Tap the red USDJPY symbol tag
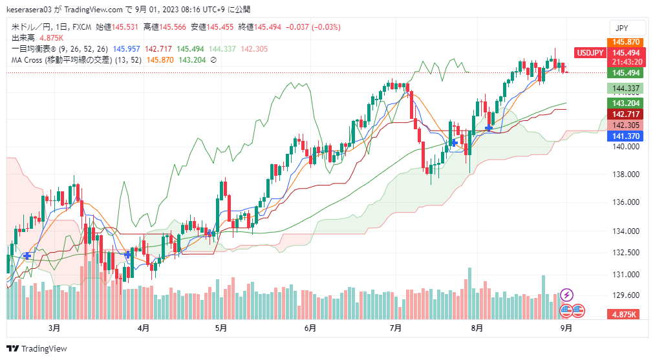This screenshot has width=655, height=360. pos(590,53)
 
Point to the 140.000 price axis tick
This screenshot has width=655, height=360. pos(625,146)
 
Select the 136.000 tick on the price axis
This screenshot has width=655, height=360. pos(625,203)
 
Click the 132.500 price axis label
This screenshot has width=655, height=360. pos(625,253)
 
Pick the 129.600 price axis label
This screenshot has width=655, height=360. pos(625,295)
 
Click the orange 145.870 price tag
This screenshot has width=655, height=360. pos(625,42)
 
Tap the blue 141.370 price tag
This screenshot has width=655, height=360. pos(625,136)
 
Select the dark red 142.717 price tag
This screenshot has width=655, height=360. pos(625,114)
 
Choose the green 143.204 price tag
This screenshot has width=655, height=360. pos(625,103)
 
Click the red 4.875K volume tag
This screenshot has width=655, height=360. pos(625,314)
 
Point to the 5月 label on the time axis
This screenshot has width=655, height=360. pos(220,328)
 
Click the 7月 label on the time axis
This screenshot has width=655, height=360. pos(396,328)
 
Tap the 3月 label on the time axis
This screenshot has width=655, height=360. pos(54,328)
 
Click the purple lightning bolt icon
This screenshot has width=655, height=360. pos(567,295)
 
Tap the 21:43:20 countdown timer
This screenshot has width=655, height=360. pos(625,62)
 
